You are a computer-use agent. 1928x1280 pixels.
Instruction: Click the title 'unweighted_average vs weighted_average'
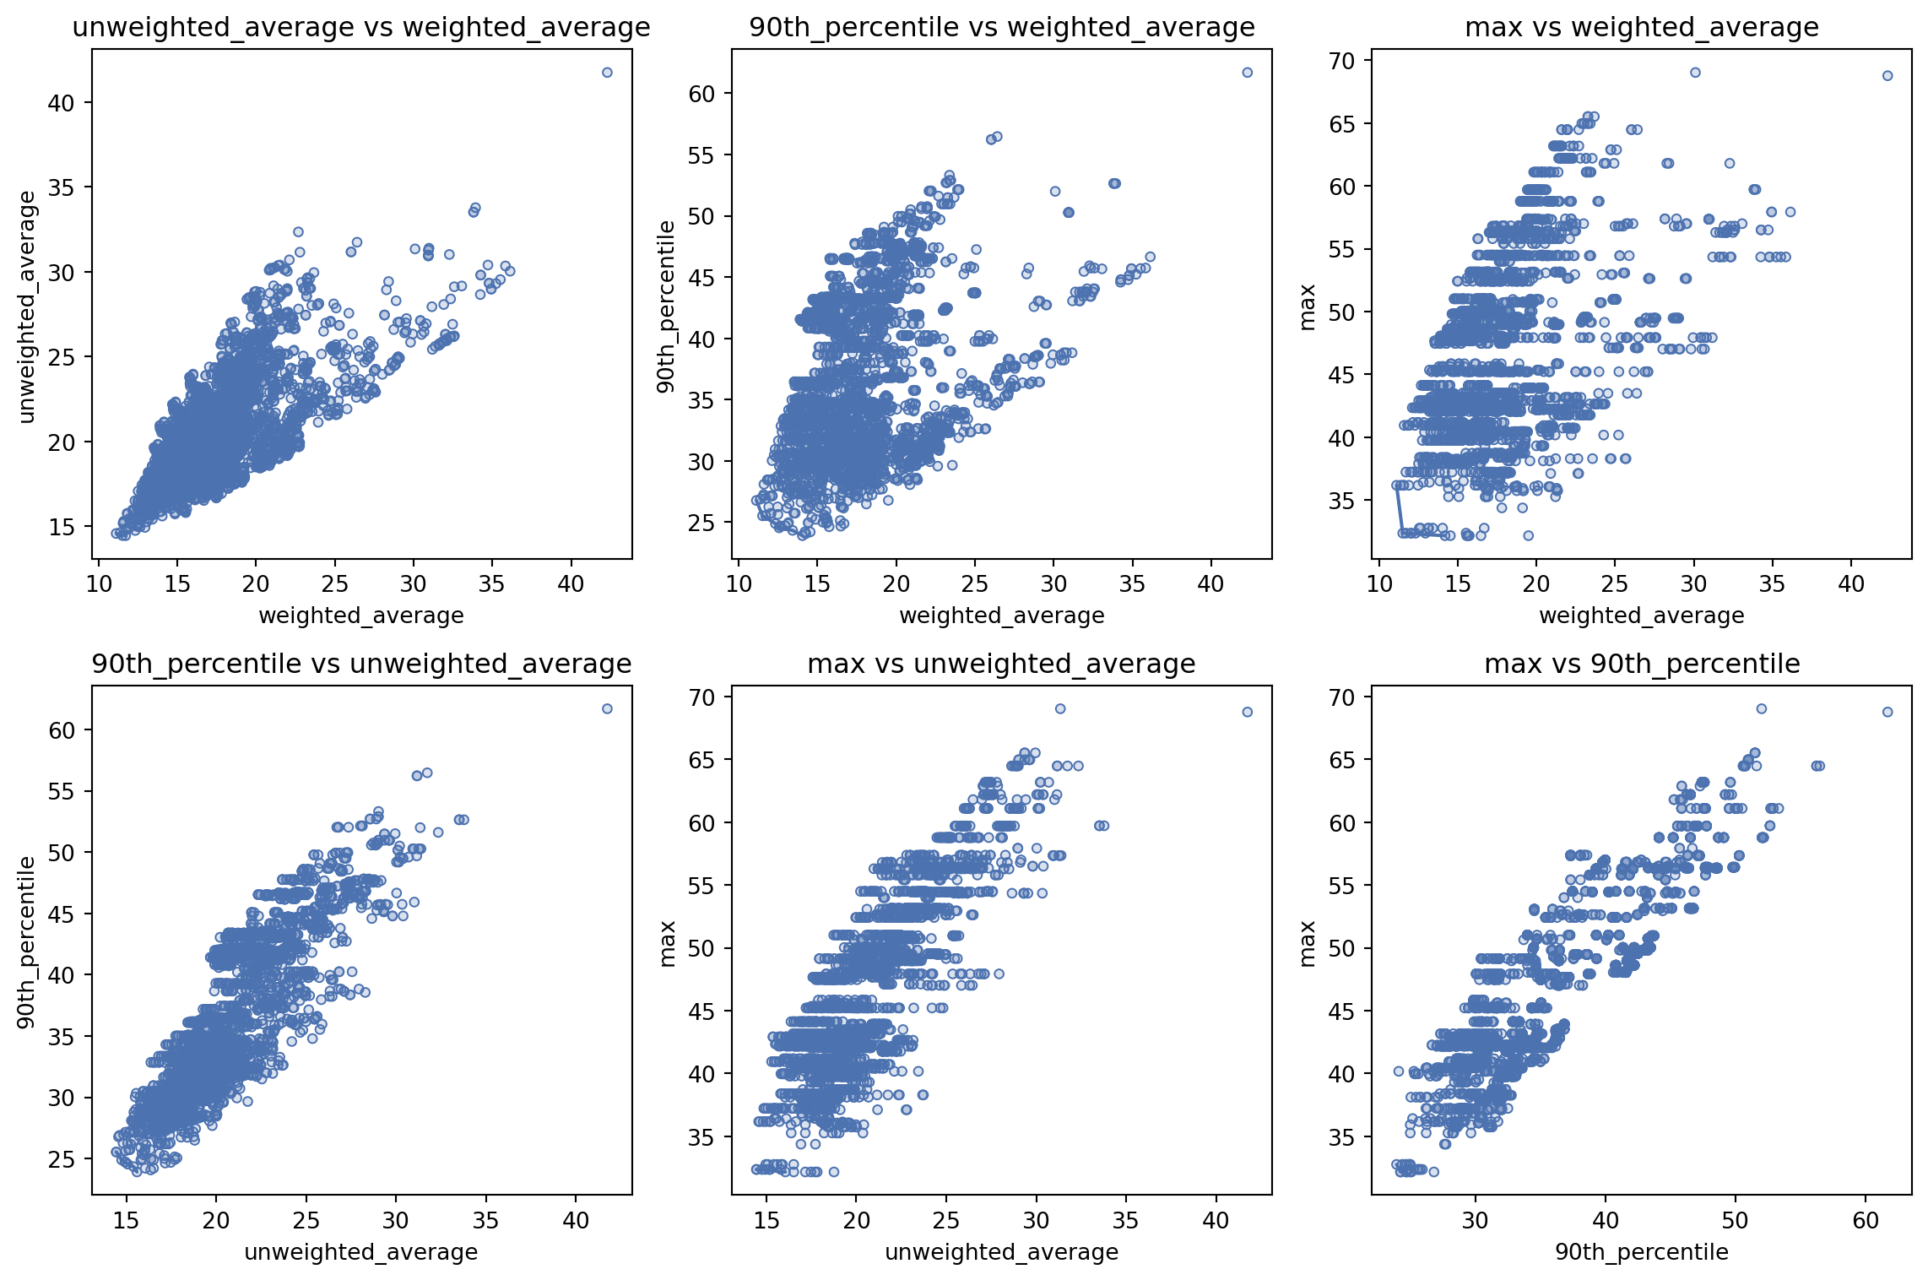click(361, 28)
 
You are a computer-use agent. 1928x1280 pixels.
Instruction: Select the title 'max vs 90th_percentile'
click(1642, 664)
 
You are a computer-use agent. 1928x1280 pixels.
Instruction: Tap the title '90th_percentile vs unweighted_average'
click(361, 664)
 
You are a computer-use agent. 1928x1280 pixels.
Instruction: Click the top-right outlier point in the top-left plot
click(607, 73)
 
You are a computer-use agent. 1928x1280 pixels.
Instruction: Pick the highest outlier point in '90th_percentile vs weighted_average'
click(1248, 73)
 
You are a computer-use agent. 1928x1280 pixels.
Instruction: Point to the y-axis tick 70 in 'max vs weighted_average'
click(1343, 61)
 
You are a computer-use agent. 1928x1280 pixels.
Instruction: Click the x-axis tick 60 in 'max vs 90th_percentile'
click(1866, 1221)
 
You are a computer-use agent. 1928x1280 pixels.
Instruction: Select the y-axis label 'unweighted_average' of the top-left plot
click(28, 306)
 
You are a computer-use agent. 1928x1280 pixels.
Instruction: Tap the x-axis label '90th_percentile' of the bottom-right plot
click(1642, 1252)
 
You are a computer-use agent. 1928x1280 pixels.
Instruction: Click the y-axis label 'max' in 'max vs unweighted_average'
click(668, 943)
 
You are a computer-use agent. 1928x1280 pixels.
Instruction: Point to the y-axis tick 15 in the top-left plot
click(62, 527)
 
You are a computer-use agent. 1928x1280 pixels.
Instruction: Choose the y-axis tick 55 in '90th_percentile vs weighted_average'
click(702, 155)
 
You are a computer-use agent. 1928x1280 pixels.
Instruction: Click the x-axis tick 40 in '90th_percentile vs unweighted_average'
click(576, 1221)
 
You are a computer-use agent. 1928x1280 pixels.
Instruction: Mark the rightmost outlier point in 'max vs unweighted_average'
click(1248, 712)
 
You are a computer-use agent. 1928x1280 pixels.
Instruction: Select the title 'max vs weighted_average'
click(1642, 28)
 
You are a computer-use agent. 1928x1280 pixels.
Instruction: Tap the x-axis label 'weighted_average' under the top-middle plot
click(1002, 616)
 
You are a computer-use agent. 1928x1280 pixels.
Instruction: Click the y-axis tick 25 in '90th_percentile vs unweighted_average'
click(62, 1159)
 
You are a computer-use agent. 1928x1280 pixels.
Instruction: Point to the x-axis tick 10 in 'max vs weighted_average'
click(1379, 584)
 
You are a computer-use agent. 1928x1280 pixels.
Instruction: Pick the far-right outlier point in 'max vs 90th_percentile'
click(1887, 712)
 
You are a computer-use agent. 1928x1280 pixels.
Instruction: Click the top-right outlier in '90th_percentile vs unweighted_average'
click(607, 708)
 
